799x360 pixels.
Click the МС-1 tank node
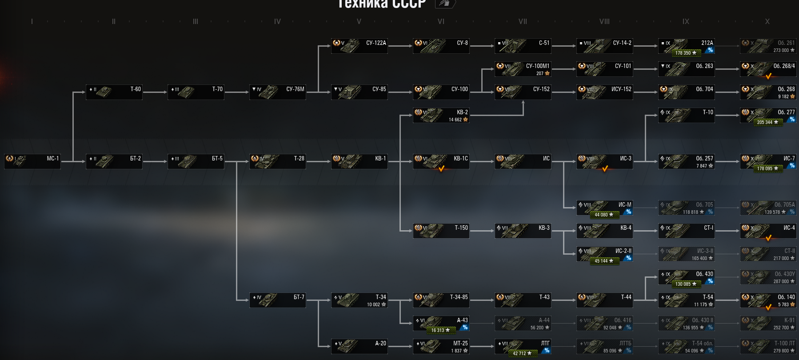32,161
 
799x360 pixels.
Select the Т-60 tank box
114,92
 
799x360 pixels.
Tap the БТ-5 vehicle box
196,161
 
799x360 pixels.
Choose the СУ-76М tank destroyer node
278,92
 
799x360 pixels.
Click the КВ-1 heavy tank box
360,161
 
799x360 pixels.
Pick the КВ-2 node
441,115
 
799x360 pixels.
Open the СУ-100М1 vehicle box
523,69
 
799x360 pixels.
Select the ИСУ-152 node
605,92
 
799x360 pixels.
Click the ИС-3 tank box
605,161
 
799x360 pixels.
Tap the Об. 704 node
687,92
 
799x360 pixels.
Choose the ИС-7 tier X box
768,161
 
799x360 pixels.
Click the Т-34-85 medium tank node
441,300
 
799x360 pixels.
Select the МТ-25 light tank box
441,346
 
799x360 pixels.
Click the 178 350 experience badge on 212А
686,53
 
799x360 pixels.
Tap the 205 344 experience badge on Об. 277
767,122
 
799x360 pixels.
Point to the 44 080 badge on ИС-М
604,215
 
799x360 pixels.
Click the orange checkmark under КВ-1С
441,169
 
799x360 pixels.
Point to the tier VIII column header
604,21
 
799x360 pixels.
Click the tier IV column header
277,21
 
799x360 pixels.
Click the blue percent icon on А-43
465,328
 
